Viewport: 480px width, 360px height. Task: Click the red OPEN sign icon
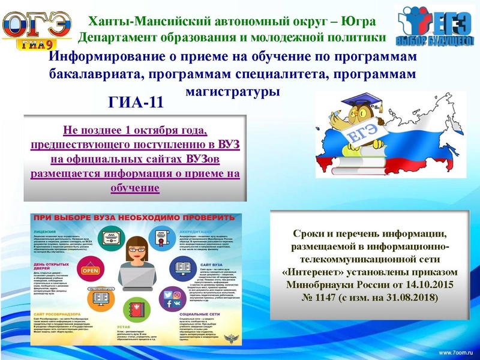(x=91, y=270)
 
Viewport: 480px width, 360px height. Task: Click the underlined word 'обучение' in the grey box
(x=135, y=188)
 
